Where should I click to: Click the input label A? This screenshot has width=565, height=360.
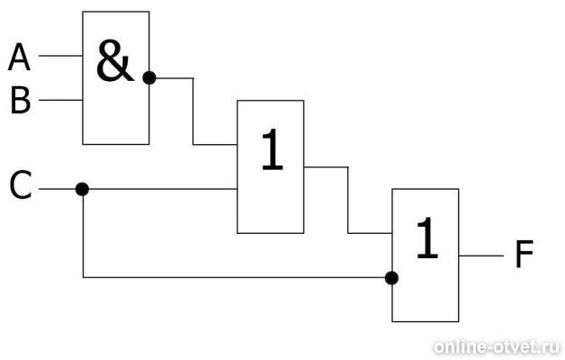click(19, 57)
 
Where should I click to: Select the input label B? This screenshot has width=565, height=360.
click(20, 101)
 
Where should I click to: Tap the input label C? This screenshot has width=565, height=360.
click(21, 185)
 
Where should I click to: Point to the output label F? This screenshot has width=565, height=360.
click(524, 255)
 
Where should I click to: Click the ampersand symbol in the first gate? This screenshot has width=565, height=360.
click(114, 61)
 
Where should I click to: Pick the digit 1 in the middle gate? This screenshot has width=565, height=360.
click(272, 149)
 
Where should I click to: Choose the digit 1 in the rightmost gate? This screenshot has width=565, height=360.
click(427, 238)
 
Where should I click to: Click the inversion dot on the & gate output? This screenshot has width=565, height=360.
click(149, 77)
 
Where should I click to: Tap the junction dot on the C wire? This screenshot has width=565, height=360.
click(82, 189)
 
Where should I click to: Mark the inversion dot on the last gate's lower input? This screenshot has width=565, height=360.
click(391, 278)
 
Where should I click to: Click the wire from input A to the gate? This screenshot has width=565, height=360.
click(60, 56)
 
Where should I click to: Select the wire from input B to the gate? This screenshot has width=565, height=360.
click(60, 100)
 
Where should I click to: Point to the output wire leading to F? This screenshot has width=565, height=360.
click(481, 256)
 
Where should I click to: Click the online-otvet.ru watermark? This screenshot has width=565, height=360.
click(497, 347)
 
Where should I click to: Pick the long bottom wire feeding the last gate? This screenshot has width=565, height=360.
click(234, 277)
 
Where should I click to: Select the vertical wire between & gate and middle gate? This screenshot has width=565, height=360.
click(193, 111)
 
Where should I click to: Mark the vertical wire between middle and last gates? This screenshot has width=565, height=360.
click(348, 200)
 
